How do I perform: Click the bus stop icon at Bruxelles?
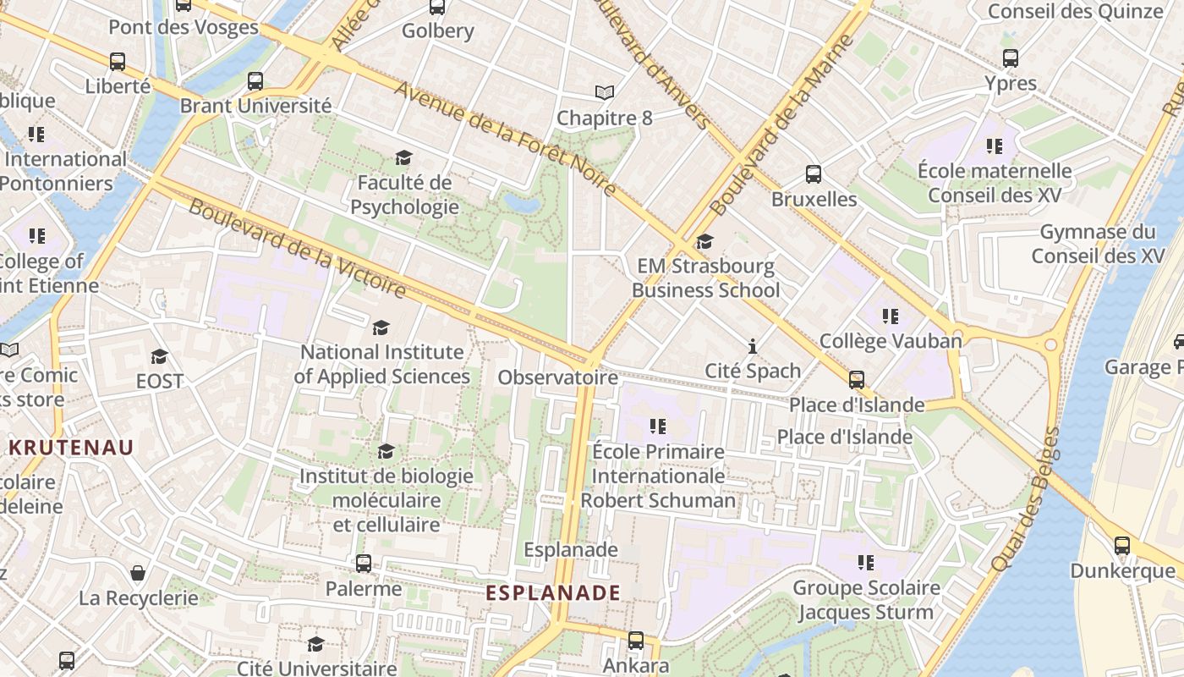(814, 174)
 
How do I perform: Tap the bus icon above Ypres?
(1011, 58)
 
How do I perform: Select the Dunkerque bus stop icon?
(1122, 546)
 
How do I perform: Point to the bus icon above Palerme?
(364, 564)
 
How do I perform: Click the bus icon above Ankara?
(636, 641)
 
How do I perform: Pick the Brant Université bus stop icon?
(255, 81)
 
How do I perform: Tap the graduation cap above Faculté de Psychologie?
(403, 158)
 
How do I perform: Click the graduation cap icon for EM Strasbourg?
(704, 242)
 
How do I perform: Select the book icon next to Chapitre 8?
(605, 93)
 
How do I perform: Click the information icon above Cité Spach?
(753, 346)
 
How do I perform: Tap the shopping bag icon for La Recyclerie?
(138, 573)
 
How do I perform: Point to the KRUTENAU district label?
(72, 448)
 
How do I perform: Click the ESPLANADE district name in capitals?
(553, 593)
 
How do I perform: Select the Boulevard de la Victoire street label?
(297, 249)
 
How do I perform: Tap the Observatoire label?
(557, 377)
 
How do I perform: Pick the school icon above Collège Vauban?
(891, 316)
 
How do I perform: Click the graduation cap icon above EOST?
(159, 357)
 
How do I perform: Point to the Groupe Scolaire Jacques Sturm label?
(866, 600)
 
